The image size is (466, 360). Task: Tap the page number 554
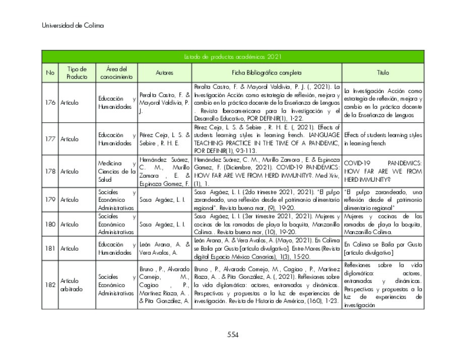click(233, 335)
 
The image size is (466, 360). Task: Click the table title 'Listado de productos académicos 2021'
click(232, 57)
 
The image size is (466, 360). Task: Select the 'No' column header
click(50, 73)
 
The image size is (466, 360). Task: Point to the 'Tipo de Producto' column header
click(77, 73)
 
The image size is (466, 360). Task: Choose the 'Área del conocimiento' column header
click(116, 73)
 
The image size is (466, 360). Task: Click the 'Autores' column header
click(164, 73)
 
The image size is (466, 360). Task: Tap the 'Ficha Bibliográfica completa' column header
click(267, 73)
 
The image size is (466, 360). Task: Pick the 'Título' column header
click(383, 73)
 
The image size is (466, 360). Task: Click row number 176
click(50, 102)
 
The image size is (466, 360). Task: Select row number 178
click(50, 171)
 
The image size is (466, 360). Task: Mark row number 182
click(50, 284)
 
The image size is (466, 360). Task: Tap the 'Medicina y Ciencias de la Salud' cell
click(116, 171)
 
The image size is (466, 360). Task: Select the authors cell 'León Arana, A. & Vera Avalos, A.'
click(164, 249)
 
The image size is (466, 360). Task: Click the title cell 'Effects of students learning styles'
click(383, 139)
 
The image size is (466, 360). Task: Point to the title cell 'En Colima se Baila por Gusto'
click(383, 248)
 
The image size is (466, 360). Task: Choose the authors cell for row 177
click(164, 139)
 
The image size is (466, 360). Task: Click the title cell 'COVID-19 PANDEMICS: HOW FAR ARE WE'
click(383, 171)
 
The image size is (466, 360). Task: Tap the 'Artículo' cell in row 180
click(70, 224)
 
